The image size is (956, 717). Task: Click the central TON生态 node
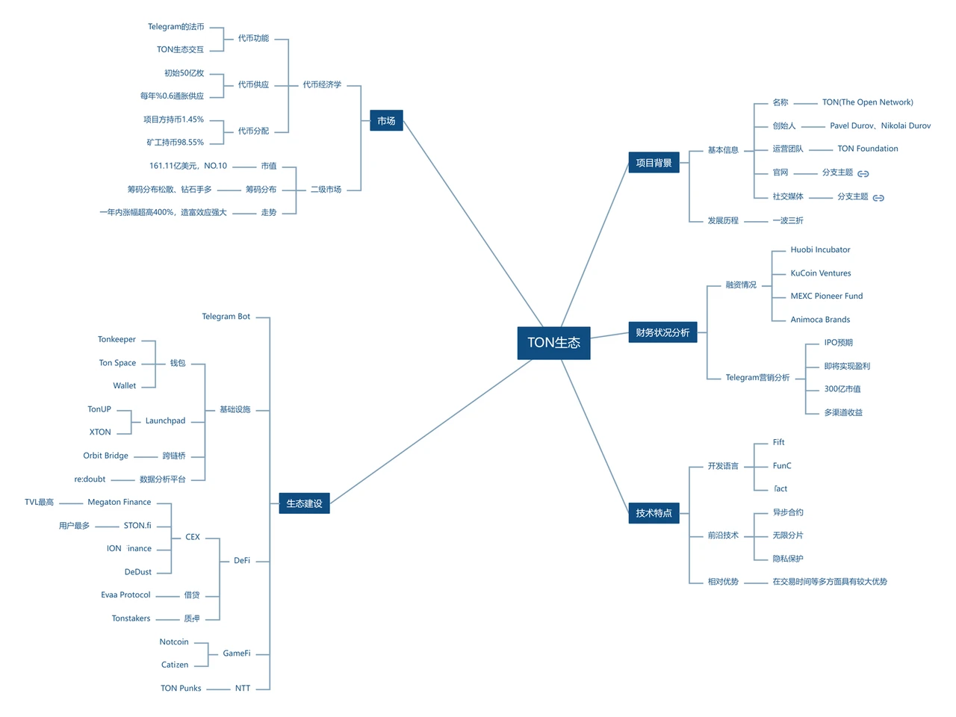coord(553,343)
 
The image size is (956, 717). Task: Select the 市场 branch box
coord(386,121)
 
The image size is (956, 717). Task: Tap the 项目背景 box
coord(654,163)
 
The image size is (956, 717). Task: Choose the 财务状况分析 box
coord(662,332)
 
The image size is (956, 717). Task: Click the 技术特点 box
coord(654,513)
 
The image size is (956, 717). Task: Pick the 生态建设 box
coord(304,503)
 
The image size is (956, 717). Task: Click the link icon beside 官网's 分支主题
coord(863,173)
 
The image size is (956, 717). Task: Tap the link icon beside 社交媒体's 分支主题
coord(878,198)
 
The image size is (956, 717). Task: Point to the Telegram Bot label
coord(226,317)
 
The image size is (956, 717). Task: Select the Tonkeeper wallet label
coord(117,340)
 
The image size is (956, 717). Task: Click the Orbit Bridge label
coord(105,456)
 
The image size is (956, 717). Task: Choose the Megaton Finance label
coord(119,503)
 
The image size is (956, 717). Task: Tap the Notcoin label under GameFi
coord(173,642)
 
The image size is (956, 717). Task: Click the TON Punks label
coord(181,689)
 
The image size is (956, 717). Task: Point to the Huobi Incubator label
coord(820,250)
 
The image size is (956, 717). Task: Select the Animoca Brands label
coord(820,320)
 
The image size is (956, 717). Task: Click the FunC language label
coord(782,466)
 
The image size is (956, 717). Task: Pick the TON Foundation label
coord(867,149)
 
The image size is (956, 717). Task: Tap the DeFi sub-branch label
coord(242,561)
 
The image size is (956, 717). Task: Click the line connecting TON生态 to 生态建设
coord(432,431)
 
